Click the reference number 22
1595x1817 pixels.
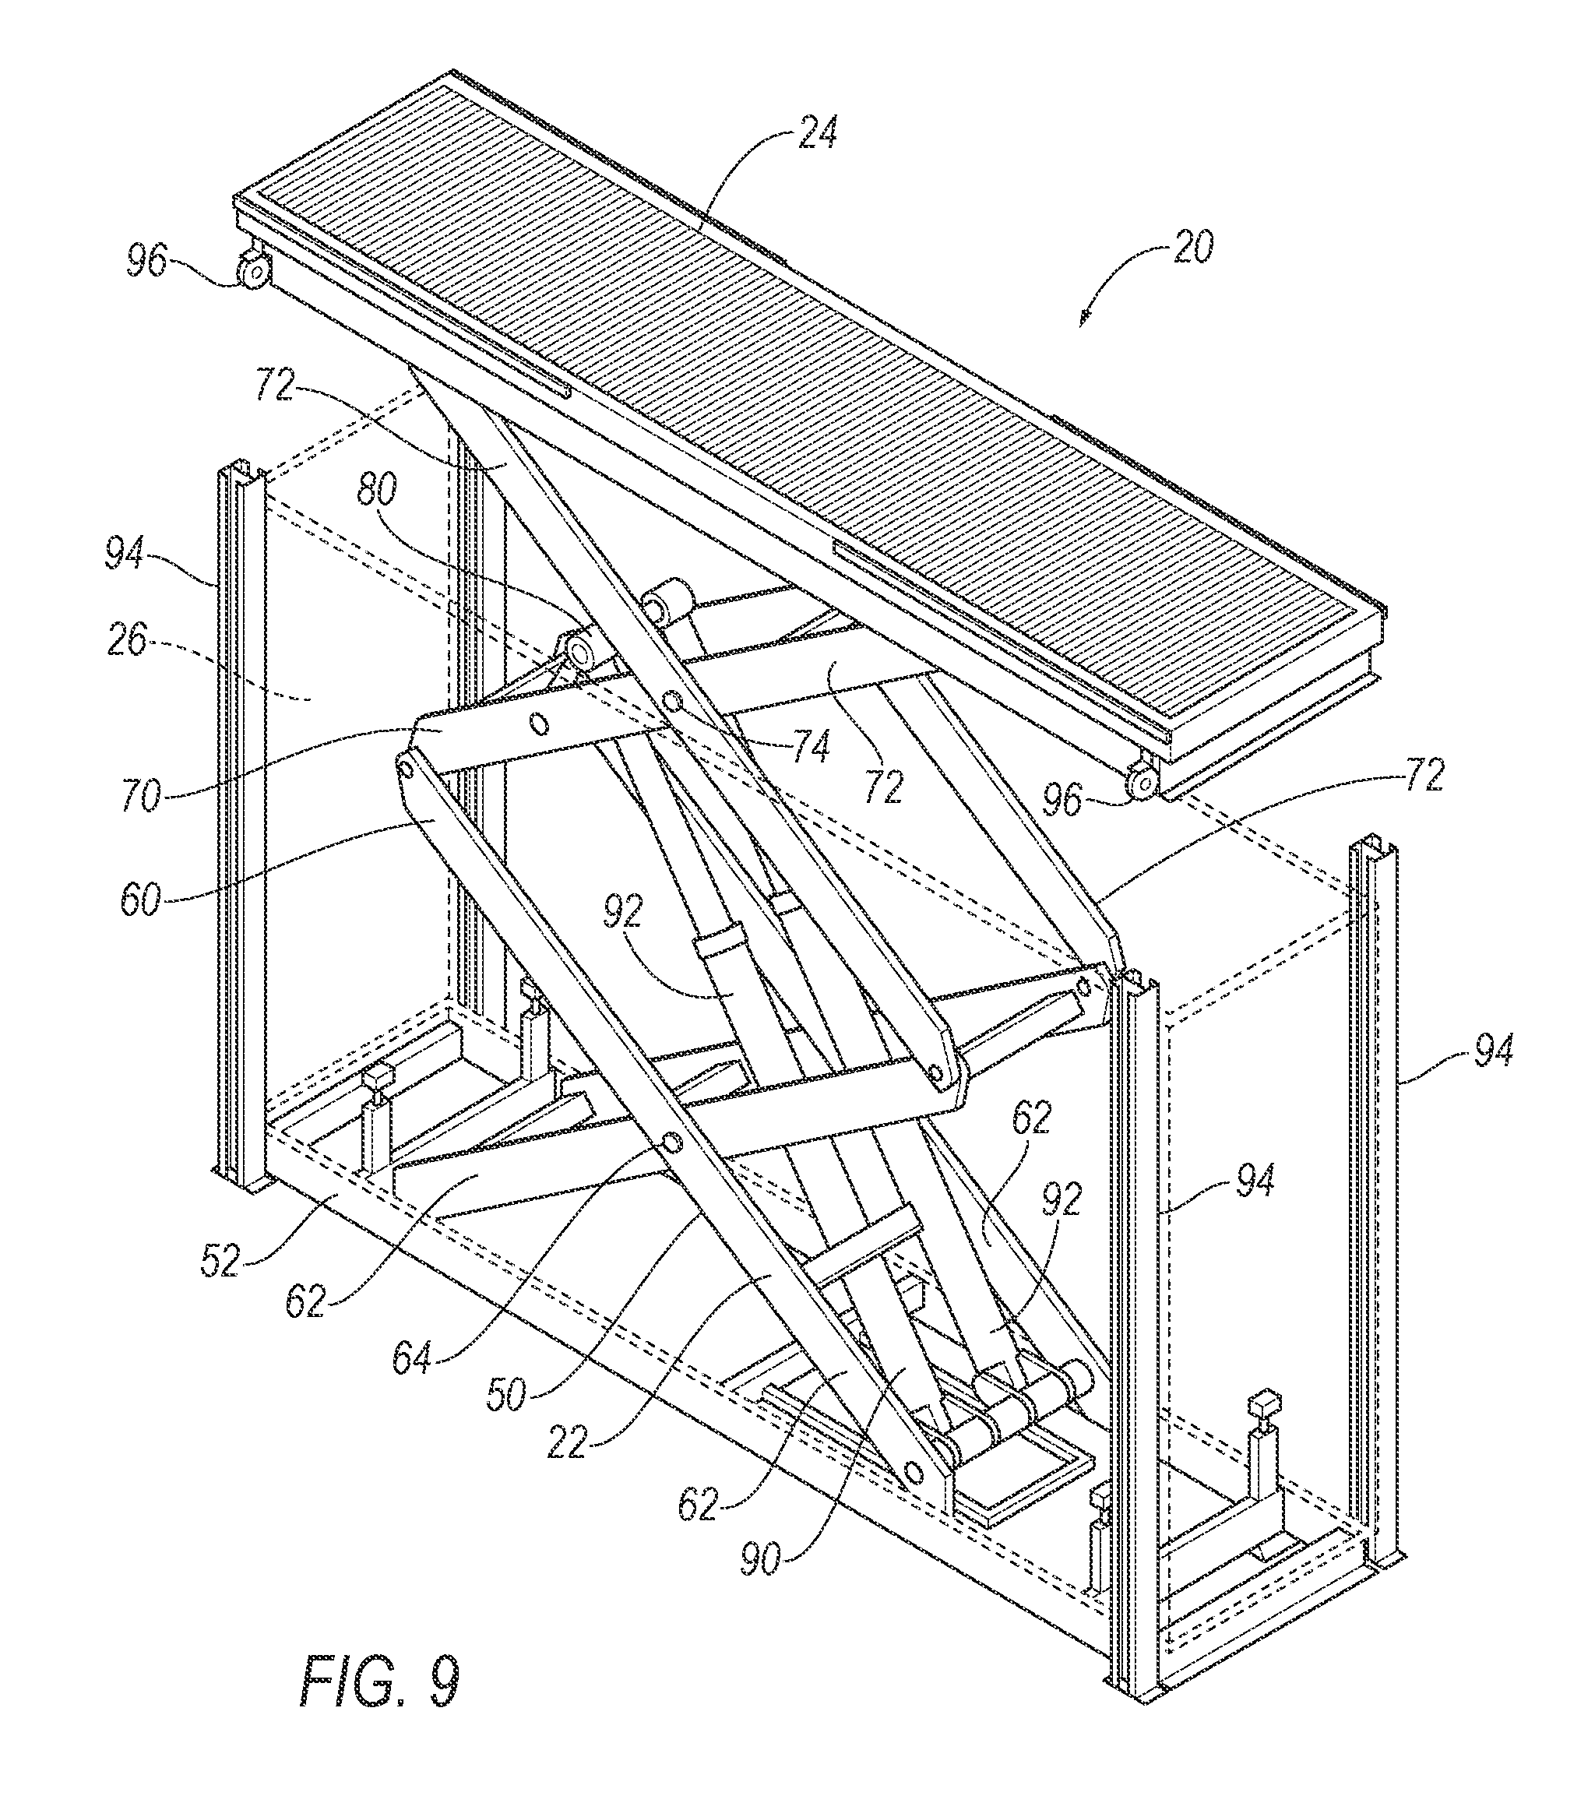(565, 1444)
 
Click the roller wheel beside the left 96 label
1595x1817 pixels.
(254, 270)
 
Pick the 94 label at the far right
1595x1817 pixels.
(1492, 1052)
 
